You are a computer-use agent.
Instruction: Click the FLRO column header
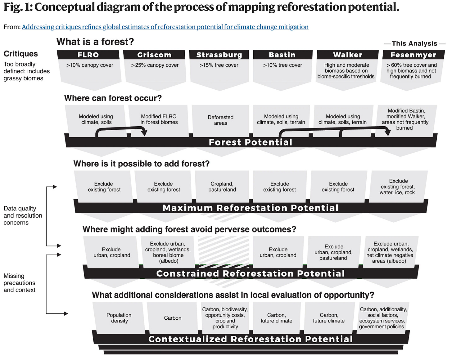point(88,55)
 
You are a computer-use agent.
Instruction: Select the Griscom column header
point(154,55)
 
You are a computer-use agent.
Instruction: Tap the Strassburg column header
point(219,55)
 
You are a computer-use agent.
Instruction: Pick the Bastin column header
point(282,55)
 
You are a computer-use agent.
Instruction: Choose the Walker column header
point(348,55)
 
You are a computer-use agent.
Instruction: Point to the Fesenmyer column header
point(413,55)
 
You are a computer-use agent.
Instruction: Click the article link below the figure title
point(165,27)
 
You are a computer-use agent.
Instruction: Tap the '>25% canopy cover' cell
point(155,65)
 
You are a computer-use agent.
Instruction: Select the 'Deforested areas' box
point(220,120)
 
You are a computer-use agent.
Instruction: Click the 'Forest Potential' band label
point(251,142)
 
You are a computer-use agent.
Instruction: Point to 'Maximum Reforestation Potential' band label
point(251,208)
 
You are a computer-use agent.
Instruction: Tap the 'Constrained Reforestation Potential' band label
point(251,273)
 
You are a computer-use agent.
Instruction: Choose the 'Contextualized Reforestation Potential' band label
point(251,339)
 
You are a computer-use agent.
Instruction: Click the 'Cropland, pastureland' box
point(222,187)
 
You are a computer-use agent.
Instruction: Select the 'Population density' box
point(119,318)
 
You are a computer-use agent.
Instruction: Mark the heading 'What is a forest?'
point(95,42)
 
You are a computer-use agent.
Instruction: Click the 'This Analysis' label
point(414,43)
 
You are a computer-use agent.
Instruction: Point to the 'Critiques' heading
point(21,54)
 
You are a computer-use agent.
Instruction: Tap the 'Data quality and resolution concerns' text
point(23,215)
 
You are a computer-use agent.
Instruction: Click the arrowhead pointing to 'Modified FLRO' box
point(144,133)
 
